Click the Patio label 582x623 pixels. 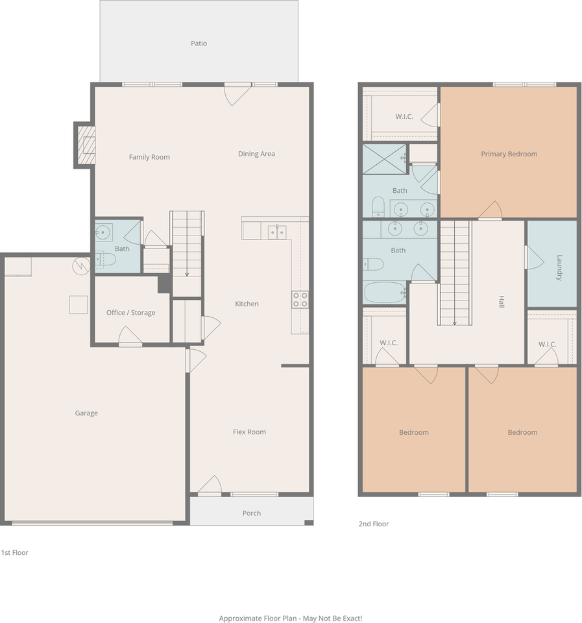(199, 43)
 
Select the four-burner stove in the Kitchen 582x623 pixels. (300, 299)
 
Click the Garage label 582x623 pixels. (86, 413)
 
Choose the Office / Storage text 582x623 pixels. (130, 313)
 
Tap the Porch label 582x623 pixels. (252, 513)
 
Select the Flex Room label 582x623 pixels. (249, 432)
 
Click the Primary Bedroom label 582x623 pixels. (509, 154)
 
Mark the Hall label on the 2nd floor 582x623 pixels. (501, 302)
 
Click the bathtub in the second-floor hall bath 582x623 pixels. (385, 292)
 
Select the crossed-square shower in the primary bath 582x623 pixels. (383, 160)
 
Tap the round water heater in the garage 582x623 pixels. (80, 266)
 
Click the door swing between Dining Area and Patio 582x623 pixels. (237, 95)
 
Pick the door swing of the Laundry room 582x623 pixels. (534, 258)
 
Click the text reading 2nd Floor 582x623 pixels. (373, 524)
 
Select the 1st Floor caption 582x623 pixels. (14, 553)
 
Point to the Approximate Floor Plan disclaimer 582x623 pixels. (291, 618)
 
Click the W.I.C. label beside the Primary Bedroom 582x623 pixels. (405, 117)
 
